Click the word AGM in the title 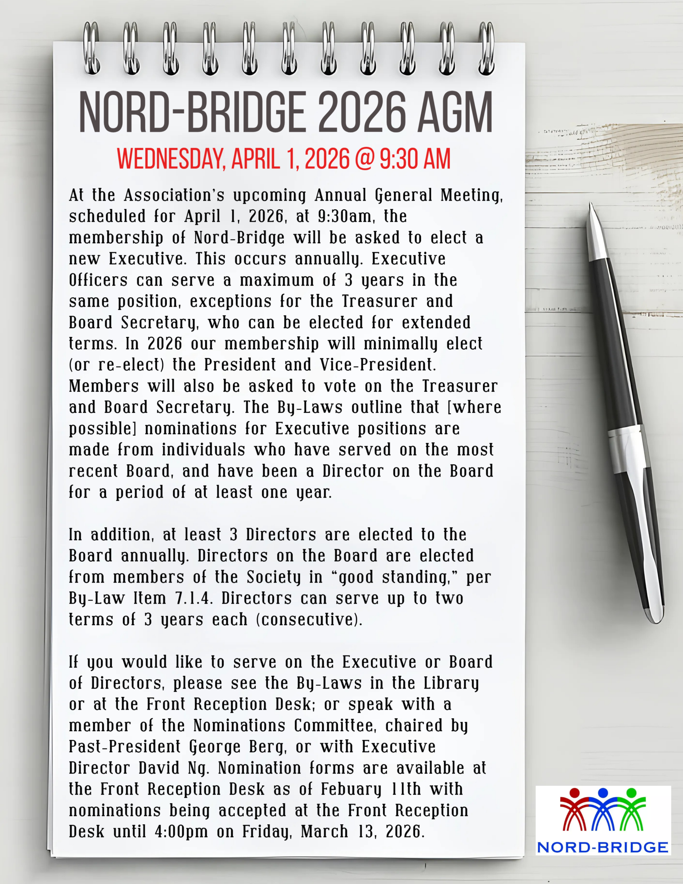tap(455, 113)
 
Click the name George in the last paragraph tap(215, 747)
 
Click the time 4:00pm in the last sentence tap(181, 832)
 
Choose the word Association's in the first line tap(174, 195)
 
